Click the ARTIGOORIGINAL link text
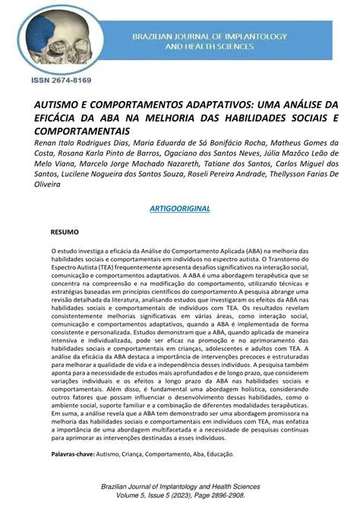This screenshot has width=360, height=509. (x=179, y=208)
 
